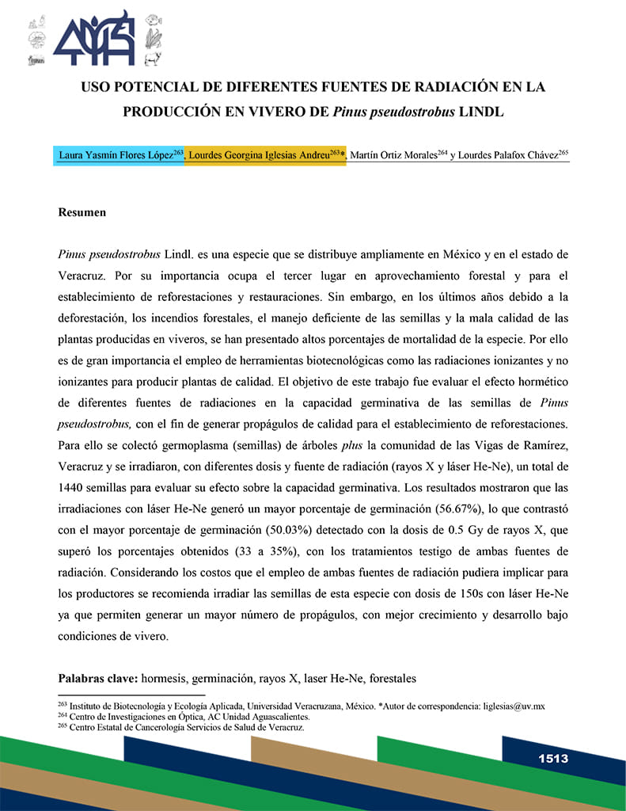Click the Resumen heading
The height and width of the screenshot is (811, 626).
coord(82,213)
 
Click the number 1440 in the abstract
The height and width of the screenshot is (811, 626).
coord(74,482)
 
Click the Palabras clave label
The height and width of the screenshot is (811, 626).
coord(97,679)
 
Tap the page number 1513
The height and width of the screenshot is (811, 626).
coord(553,759)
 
